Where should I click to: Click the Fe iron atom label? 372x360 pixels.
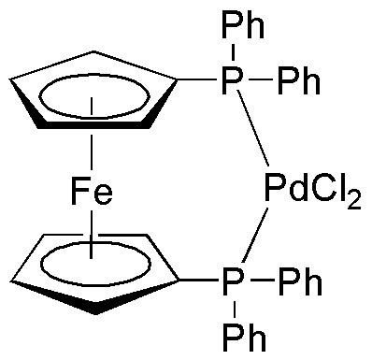coord(92,194)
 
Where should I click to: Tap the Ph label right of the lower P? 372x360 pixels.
coord(300,278)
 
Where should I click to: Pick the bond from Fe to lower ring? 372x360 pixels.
coord(92,234)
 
